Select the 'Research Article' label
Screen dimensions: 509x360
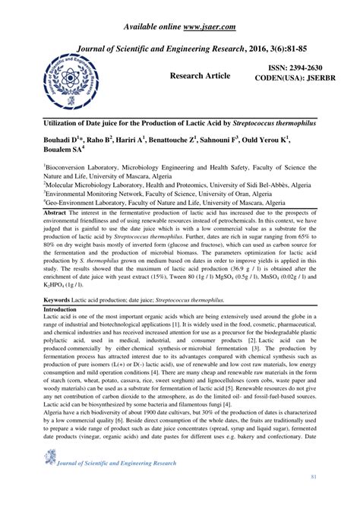point(203,77)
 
